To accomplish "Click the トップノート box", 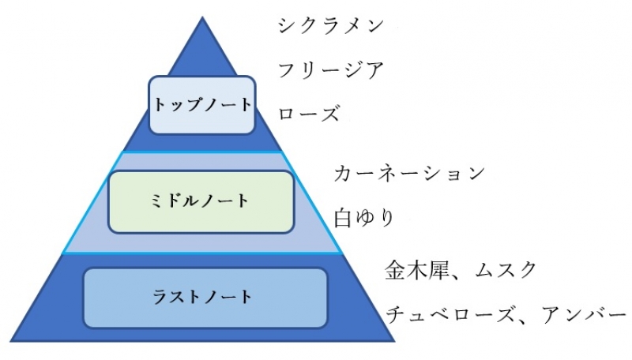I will pyautogui.click(x=202, y=104).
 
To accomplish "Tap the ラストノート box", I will pyautogui.click(x=205, y=298).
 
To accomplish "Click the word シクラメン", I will pyautogui.click(x=331, y=25).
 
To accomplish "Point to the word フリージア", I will pyautogui.click(x=331, y=70).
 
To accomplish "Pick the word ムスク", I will pyautogui.click(x=506, y=270).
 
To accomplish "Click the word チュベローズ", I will pyautogui.click(x=447, y=314).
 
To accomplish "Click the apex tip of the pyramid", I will pyautogui.click(x=203, y=17).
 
